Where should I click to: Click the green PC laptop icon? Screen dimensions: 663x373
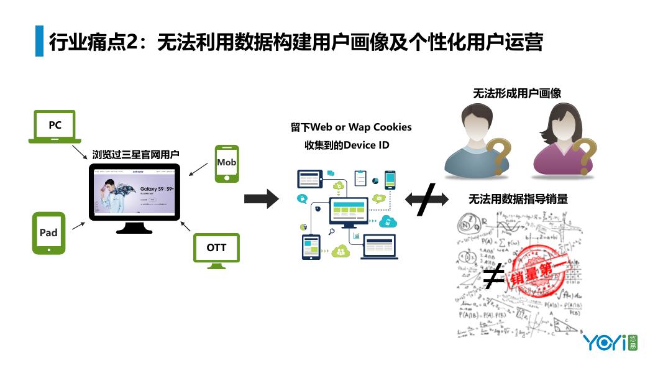(55, 126)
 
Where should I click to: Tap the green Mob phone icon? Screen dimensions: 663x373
(226, 163)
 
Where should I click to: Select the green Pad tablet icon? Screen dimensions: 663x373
(48, 233)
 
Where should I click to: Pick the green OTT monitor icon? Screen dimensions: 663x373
(216, 250)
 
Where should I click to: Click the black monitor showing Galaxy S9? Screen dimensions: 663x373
(134, 192)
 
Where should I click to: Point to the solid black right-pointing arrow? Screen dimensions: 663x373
(261, 199)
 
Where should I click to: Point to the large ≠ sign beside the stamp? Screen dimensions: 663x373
(493, 277)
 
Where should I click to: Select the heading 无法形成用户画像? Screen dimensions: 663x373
(517, 93)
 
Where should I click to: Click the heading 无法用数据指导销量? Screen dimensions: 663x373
(518, 200)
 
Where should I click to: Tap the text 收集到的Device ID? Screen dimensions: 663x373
(347, 145)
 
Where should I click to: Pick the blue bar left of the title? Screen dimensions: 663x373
(40, 41)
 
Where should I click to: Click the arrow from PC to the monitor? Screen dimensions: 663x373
(80, 152)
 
